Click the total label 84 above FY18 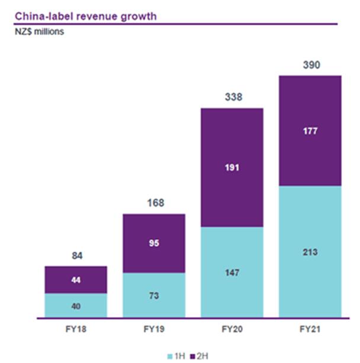tap(75, 256)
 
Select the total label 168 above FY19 tap(153, 204)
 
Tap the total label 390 tap(310, 65)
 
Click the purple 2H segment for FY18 tap(75, 280)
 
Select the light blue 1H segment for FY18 tap(75, 306)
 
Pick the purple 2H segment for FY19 tap(153, 243)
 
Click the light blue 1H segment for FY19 tap(153, 295)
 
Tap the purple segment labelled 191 tap(232, 168)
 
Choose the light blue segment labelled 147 tap(232, 272)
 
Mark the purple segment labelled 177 tap(310, 131)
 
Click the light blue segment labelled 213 tap(310, 252)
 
